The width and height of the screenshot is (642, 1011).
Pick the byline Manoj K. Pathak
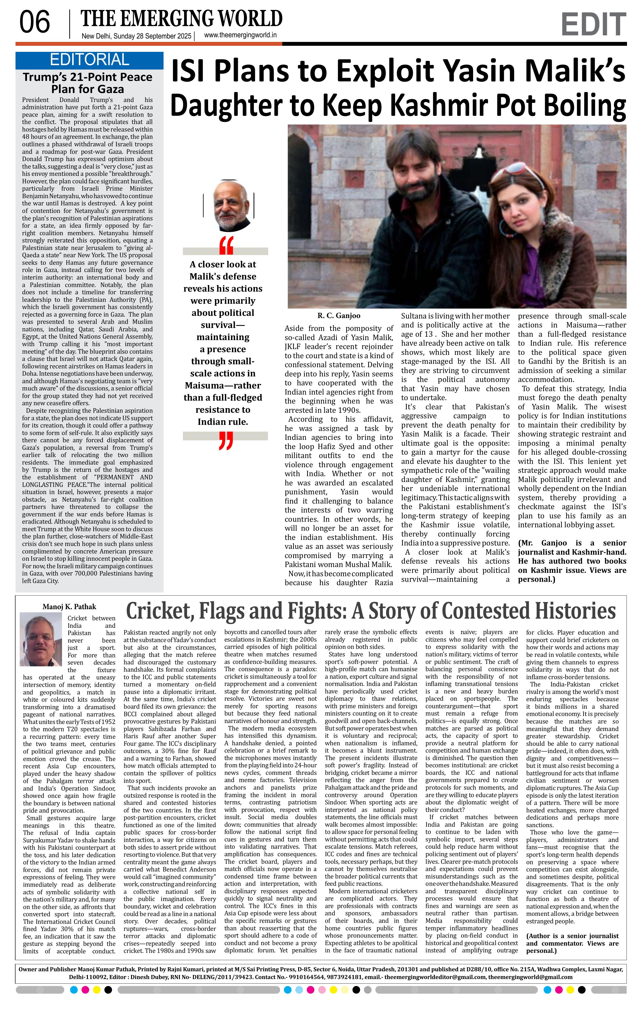[69, 607]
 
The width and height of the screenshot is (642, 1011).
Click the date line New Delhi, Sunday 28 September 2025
[136, 36]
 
